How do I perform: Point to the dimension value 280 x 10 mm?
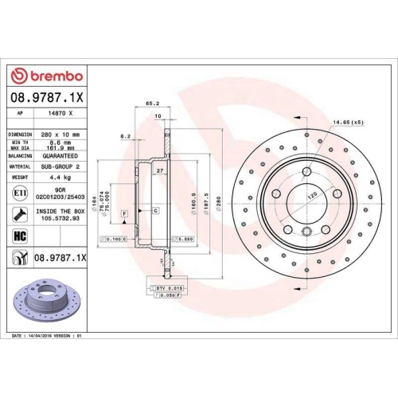[64, 135]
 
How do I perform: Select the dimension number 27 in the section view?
[160, 171]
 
